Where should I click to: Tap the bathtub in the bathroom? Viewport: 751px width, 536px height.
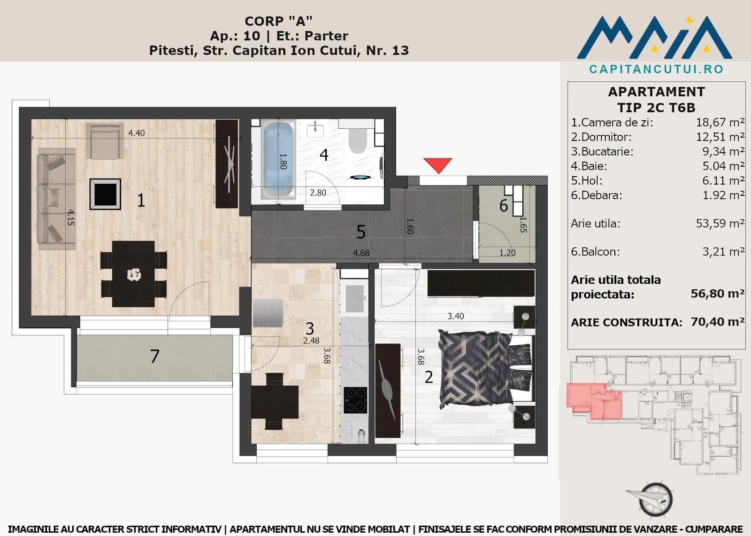tap(278, 159)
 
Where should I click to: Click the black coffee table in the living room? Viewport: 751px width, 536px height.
tap(105, 194)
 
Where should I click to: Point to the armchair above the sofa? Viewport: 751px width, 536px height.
tap(105, 140)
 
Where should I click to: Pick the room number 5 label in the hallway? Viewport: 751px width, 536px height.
tap(361, 232)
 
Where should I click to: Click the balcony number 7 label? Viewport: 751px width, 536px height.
tap(154, 357)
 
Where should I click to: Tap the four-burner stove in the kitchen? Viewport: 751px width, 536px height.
tap(355, 400)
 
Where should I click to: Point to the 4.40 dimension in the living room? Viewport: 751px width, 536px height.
tap(137, 133)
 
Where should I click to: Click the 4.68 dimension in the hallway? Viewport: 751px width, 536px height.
tap(361, 253)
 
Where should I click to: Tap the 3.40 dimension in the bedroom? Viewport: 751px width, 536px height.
tap(456, 316)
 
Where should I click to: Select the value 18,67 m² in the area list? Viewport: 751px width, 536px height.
tap(720, 122)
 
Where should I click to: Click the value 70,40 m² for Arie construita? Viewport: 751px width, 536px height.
tap(718, 322)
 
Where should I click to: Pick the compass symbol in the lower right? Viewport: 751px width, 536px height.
tap(651, 499)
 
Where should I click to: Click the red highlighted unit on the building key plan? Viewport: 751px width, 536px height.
tap(594, 402)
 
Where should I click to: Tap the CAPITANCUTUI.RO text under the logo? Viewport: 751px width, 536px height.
tap(656, 69)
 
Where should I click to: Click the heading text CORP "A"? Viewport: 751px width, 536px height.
tap(278, 21)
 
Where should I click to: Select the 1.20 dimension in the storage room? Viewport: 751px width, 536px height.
tap(507, 253)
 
